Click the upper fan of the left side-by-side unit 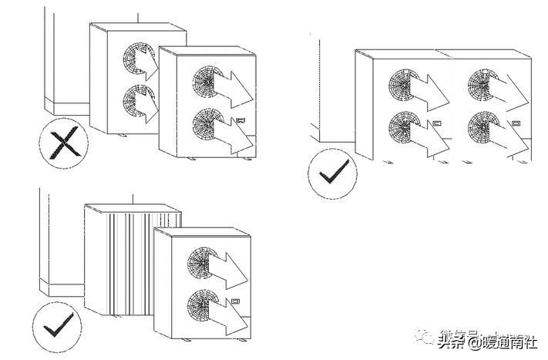pos(403,85)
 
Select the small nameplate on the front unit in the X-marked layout pos(242,120)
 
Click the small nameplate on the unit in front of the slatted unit pos(236,299)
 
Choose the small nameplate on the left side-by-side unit pos(436,122)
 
